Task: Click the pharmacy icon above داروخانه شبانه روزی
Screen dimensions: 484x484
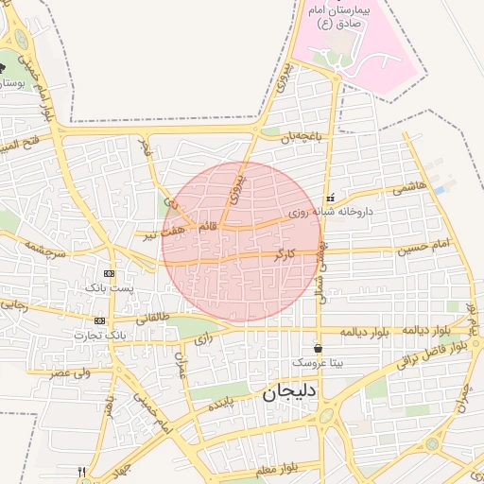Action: (x=329, y=198)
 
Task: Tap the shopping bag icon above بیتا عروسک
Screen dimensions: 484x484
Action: (x=317, y=348)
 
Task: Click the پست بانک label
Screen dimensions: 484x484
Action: (x=109, y=286)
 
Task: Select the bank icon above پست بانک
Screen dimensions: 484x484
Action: (x=109, y=272)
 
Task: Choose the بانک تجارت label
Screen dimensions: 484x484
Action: (x=101, y=335)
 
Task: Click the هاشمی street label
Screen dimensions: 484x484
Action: (x=409, y=188)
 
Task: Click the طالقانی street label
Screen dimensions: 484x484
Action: (x=152, y=319)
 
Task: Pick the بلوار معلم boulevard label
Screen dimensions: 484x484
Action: (x=276, y=466)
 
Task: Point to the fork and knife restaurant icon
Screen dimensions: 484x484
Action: (x=81, y=472)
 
